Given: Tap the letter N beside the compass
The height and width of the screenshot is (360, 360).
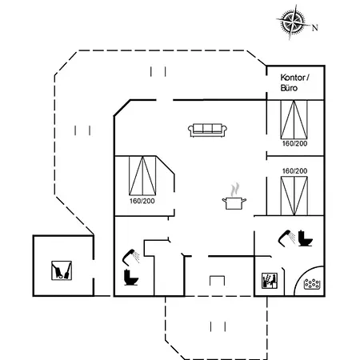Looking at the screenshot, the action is click(315, 27).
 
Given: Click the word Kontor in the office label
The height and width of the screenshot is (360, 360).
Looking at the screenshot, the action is click(293, 78).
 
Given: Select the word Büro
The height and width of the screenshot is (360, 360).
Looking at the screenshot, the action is click(289, 88).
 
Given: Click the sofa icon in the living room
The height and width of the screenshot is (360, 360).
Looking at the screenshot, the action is click(207, 130).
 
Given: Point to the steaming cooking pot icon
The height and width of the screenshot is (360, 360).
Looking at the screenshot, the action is click(234, 197).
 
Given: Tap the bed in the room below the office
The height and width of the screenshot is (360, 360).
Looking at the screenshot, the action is click(294, 120).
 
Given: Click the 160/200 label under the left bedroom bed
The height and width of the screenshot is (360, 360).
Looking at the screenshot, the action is click(142, 201).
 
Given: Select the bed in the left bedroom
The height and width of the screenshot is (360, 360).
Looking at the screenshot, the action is click(142, 176).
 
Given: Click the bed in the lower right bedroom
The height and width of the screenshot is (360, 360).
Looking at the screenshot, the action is click(294, 196).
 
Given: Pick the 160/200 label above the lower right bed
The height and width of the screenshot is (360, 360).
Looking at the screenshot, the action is click(294, 171).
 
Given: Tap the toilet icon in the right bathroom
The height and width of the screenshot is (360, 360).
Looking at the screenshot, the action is click(306, 238).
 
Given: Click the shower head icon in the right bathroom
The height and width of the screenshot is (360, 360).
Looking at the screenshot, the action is click(287, 238).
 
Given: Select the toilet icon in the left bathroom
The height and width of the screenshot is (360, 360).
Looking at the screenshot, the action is click(131, 278).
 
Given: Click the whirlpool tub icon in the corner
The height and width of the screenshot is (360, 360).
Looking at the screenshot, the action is click(312, 284).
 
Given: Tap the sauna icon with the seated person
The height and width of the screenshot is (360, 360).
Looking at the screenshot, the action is click(270, 281).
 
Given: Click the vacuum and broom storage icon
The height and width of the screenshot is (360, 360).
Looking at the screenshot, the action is click(62, 270).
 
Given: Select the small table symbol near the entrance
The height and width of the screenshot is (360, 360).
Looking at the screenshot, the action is click(217, 281).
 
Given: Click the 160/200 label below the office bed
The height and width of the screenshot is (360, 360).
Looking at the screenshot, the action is click(294, 143).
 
